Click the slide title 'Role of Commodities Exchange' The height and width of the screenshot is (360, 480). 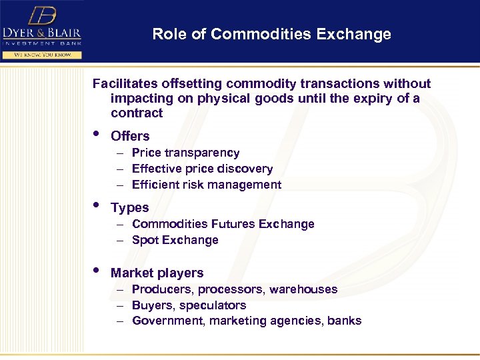271,34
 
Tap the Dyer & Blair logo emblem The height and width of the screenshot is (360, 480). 41,15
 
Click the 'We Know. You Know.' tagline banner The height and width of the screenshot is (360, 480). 41,55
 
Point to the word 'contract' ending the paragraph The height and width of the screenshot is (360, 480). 137,113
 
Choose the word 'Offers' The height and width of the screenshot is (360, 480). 130,136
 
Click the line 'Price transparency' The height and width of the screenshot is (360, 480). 185,153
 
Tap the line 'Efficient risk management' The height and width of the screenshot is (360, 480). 207,185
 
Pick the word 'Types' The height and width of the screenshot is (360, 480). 129,208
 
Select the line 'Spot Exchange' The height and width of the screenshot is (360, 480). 175,240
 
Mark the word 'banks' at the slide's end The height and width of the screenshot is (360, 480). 347,321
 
